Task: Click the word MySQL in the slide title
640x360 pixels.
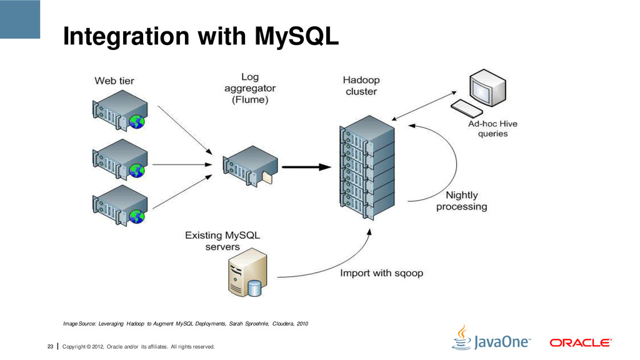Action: pos(297,36)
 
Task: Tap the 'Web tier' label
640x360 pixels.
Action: pos(114,81)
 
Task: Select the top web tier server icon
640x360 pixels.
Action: pos(119,110)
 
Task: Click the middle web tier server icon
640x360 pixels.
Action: pos(119,159)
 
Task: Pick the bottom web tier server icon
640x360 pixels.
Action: pos(119,205)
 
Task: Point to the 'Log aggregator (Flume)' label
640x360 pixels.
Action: pos(250,88)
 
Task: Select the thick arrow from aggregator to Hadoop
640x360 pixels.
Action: pos(306,167)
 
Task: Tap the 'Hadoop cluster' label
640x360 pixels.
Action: pos(361,86)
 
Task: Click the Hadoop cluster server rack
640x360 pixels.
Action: pos(367,167)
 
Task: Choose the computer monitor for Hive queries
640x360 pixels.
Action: pos(487,87)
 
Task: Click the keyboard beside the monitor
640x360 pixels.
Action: pos(466,108)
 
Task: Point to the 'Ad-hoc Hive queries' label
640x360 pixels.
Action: pos(492,129)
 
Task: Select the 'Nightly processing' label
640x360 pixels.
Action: pos(462,201)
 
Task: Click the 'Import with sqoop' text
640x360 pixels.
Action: pos(382,273)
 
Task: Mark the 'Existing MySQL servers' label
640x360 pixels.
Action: pos(222,241)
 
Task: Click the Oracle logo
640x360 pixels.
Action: pos(581,343)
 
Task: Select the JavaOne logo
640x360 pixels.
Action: pos(491,338)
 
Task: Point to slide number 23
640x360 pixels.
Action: pos(50,346)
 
